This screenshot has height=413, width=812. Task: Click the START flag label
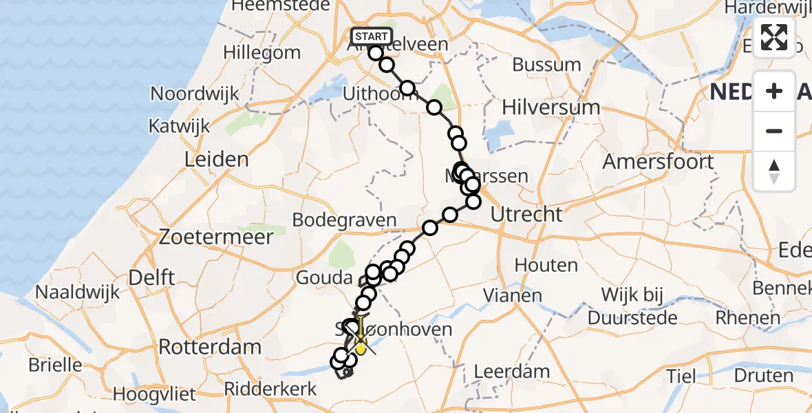pos(372,36)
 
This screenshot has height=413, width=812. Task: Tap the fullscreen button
pos(774,37)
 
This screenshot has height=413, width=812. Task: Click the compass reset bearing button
pos(774,171)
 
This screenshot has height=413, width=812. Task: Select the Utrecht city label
pos(526,214)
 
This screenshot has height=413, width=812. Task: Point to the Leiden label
pos(216,160)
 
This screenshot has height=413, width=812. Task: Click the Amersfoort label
pos(657,162)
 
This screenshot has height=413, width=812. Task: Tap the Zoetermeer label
pos(216,237)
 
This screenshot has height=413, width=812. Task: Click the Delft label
pos(152,277)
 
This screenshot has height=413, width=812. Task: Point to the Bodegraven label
pos(344,220)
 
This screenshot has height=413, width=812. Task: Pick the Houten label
pos(546,265)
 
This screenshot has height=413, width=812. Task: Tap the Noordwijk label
pos(194,94)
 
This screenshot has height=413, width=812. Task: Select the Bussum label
pos(547,65)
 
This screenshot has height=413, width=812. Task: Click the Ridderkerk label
pos(273,389)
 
